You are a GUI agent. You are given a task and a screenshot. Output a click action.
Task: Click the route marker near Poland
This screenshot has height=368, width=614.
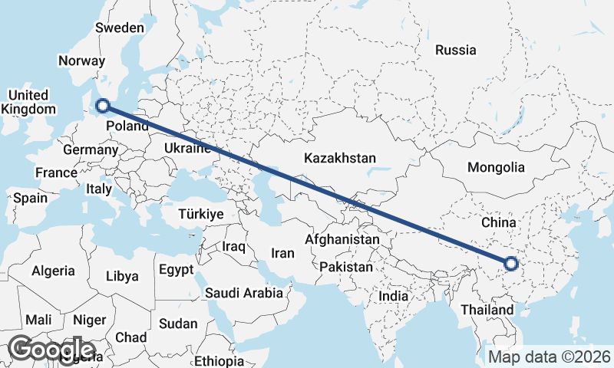tap(102, 107)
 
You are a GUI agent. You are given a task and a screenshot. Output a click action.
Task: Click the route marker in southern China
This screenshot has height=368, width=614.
tap(512, 264)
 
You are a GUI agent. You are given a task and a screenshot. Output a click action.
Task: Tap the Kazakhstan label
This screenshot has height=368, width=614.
tap(340, 159)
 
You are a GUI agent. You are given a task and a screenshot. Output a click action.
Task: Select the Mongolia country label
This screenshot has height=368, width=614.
tap(496, 167)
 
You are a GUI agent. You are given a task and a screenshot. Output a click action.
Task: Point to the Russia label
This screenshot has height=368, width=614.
tap(456, 50)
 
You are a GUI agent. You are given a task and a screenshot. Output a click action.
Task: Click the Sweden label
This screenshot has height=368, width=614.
tap(119, 28)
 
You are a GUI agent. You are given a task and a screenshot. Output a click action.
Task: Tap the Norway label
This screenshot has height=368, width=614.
tap(81, 61)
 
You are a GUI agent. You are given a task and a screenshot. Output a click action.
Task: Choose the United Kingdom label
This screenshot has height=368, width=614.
tap(28, 102)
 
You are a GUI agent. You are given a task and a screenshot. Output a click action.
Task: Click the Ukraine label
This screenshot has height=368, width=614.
tap(187, 148)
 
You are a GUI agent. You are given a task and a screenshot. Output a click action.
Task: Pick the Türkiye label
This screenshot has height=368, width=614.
tap(200, 215)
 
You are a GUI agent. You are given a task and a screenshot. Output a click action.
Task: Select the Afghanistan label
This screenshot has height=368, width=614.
tap(342, 239)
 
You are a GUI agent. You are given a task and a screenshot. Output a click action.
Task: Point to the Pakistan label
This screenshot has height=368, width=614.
tap(346, 268)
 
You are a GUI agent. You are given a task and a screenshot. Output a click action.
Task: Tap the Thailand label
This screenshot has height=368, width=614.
tap(487, 310)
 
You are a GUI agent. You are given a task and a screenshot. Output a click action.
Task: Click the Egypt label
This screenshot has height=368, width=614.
tap(177, 270)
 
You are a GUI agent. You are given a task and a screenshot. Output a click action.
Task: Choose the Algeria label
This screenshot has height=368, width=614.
tap(53, 271)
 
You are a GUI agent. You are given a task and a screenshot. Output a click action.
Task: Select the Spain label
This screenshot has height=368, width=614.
tap(30, 197)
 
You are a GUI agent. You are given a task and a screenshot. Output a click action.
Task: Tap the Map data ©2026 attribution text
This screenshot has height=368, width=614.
tap(550, 356)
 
